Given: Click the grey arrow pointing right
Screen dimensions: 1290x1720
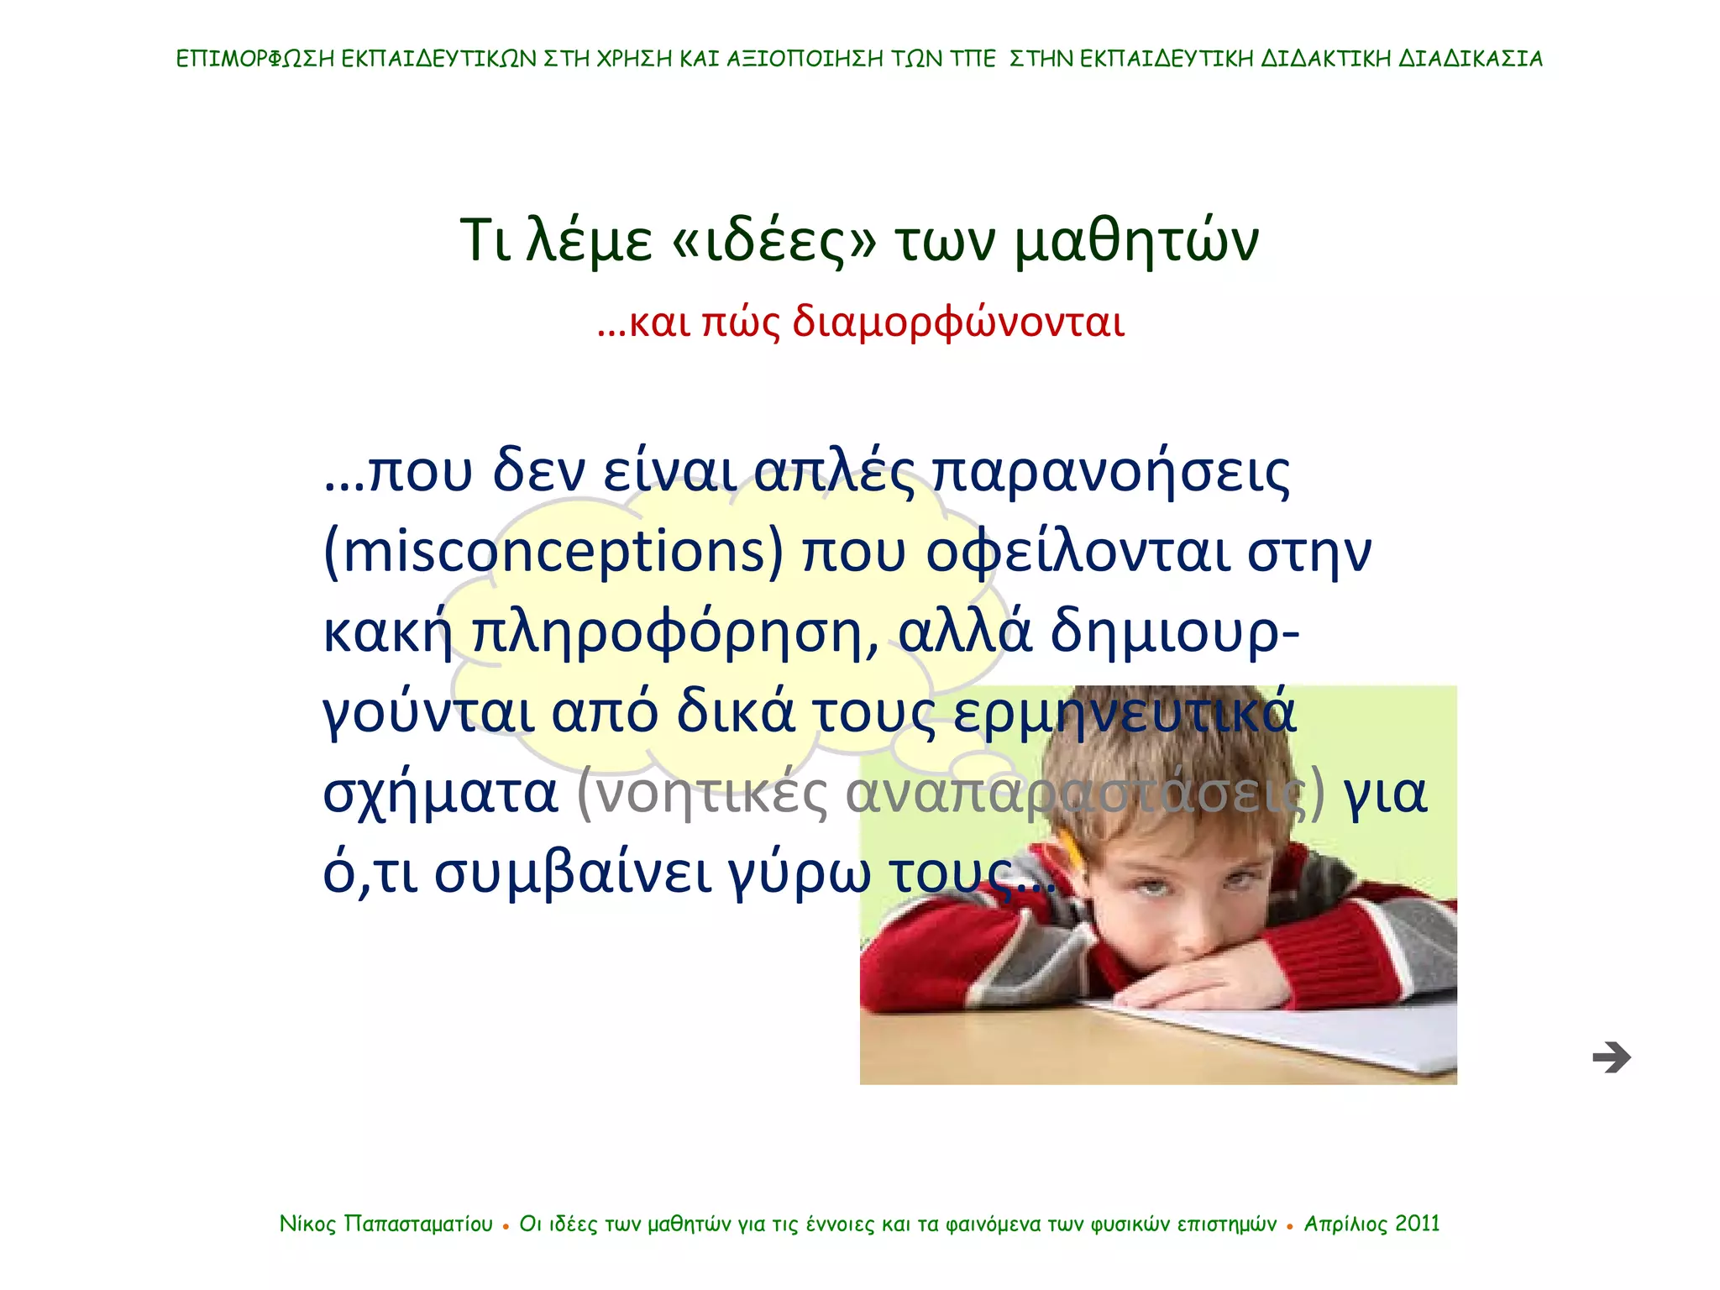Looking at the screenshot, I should click(x=1611, y=1057).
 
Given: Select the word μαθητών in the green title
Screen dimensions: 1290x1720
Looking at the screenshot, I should click(x=1136, y=241).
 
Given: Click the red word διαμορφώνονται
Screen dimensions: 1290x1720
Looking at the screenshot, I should click(x=958, y=322).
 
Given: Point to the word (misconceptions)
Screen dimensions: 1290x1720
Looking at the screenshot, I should click(x=553, y=552).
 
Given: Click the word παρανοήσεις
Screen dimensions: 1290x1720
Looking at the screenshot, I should click(x=1111, y=472).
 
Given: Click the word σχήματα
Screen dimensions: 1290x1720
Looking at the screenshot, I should click(x=440, y=794).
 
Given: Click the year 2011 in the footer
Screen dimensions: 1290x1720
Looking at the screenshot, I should click(x=1418, y=1224).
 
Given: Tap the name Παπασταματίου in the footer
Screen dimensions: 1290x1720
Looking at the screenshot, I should click(x=418, y=1224).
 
